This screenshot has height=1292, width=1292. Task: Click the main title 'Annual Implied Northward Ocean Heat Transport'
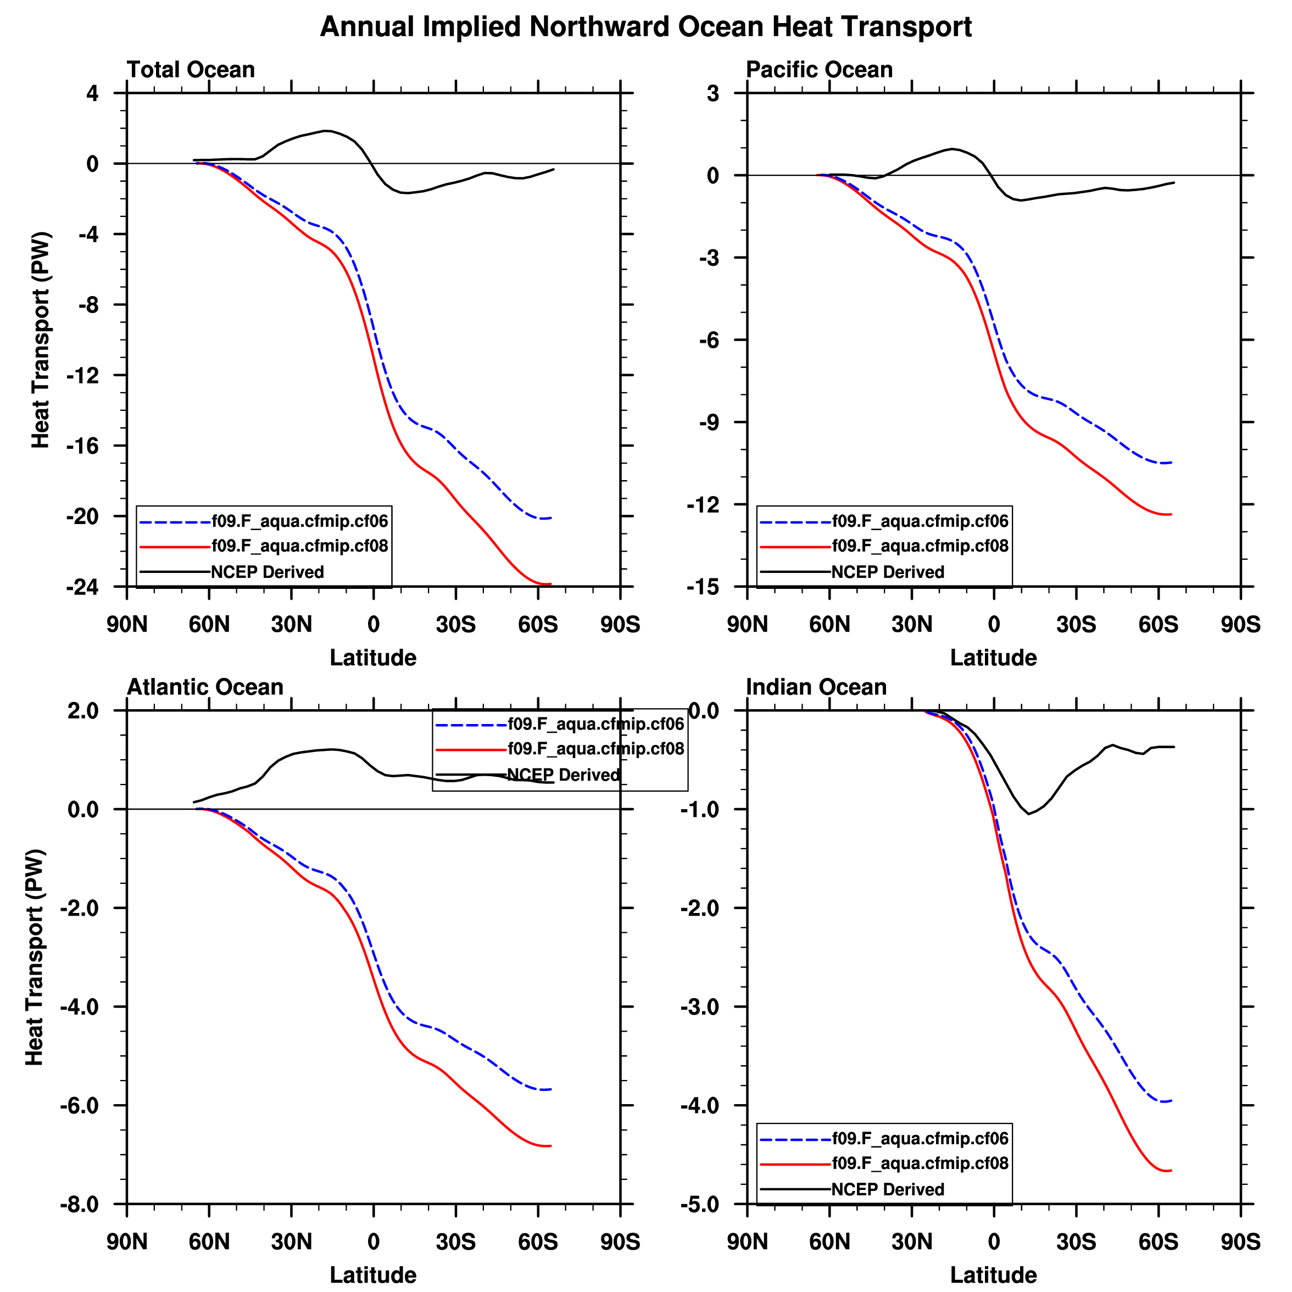pos(645,27)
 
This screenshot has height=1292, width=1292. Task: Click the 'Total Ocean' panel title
pos(191,70)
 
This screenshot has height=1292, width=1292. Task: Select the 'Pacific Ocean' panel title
pos(819,70)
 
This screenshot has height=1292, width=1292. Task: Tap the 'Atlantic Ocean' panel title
pos(205,687)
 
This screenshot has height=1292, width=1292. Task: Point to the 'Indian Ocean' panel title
pos(816,687)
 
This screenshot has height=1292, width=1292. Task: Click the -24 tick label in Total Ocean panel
pos(82,587)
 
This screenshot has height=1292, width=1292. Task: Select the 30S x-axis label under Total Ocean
pos(455,625)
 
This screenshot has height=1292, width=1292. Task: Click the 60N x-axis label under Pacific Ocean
pos(829,625)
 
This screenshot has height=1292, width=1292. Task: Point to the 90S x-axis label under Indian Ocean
pos(1240,1242)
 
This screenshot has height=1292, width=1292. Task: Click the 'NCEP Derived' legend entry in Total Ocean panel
pos(268,572)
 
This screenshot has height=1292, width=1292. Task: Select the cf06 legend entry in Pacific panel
pos(920,521)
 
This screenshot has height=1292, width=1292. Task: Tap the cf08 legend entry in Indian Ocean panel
pos(920,1163)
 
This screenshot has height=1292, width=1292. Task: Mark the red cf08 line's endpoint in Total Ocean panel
pos(550,584)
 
